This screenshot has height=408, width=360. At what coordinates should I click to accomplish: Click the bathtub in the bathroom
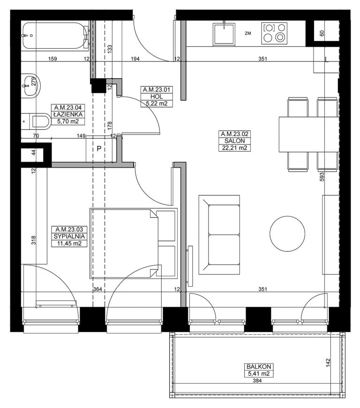coord(56,36)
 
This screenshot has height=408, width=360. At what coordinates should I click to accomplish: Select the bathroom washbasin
coord(30,86)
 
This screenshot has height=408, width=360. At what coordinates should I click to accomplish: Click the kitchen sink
coord(224,34)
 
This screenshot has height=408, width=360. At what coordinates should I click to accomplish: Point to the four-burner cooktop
coord(274,33)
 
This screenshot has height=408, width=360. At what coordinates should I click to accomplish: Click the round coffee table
coord(287,234)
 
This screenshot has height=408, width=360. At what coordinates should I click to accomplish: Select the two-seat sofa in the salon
coord(219,234)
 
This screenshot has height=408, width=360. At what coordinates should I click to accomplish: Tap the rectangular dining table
coord(309,134)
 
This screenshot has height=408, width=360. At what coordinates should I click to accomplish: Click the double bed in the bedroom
coord(134,243)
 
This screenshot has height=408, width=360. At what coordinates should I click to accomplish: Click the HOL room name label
coord(157,97)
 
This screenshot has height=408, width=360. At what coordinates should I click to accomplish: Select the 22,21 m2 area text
coord(234,148)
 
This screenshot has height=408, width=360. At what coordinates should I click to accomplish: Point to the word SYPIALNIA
coord(69,236)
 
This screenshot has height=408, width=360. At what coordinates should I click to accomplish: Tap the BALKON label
coord(259,367)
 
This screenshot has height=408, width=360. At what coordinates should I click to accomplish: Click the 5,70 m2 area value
coord(68,121)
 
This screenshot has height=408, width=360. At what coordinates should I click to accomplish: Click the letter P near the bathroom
coord(99,149)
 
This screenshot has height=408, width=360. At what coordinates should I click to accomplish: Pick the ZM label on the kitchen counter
coord(248,33)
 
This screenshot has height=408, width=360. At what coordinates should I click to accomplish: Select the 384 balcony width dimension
coord(257,381)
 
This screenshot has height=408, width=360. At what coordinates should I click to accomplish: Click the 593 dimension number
coord(322,177)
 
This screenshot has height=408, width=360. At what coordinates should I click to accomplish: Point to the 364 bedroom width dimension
coord(97,289)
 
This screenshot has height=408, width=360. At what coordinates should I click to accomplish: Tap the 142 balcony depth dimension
coord(328,363)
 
